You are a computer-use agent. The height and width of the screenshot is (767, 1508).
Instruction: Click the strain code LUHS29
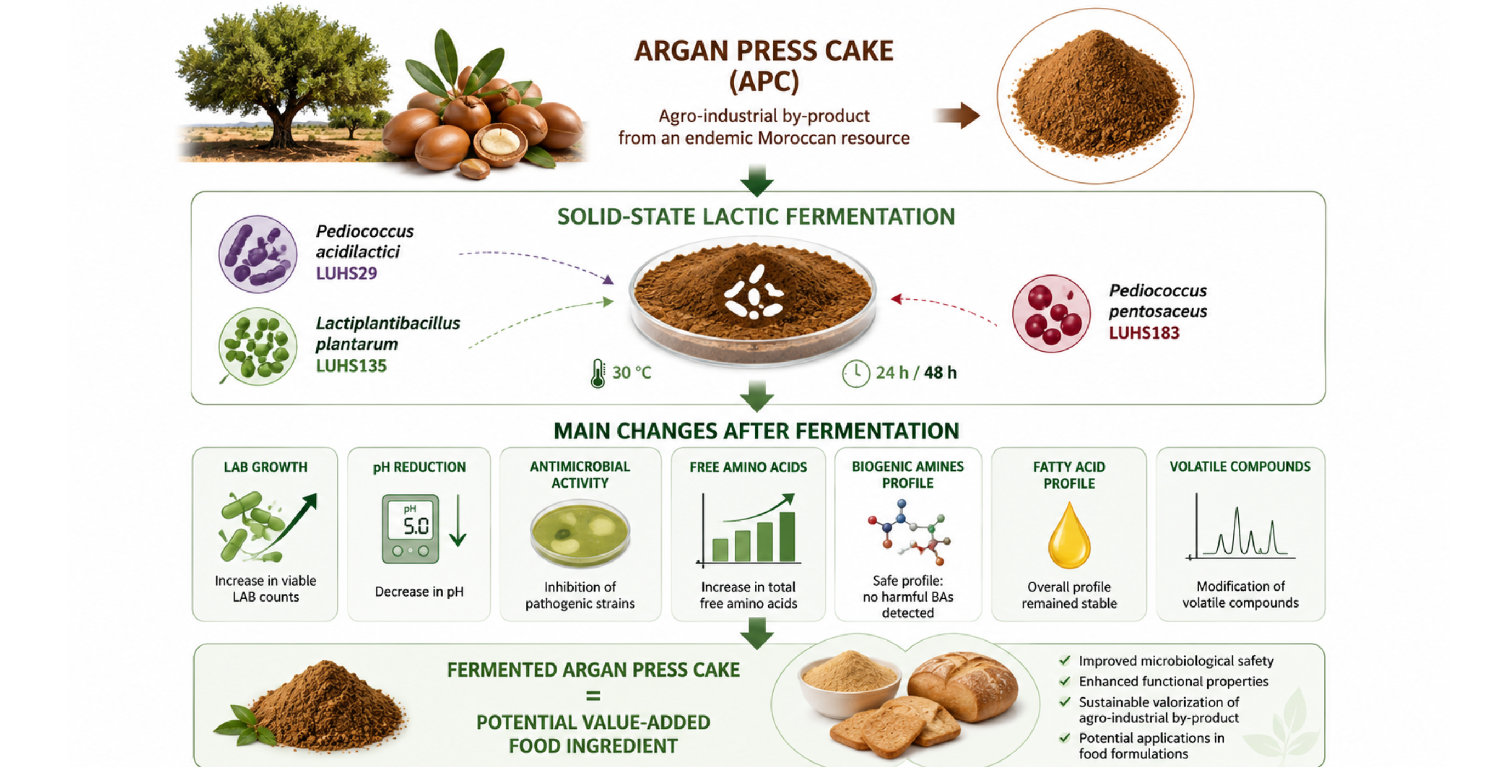pyautogui.click(x=346, y=273)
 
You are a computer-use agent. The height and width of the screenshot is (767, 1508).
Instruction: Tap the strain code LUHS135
pyautogui.click(x=352, y=365)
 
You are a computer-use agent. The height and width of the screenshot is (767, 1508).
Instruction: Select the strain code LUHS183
pyautogui.click(x=1144, y=333)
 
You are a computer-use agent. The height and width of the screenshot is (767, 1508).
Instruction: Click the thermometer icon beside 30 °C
pyautogui.click(x=597, y=373)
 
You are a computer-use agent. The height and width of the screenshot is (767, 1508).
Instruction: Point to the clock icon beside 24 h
pyautogui.click(x=855, y=373)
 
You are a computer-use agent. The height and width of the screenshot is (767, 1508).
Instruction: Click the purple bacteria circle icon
pyautogui.click(x=258, y=254)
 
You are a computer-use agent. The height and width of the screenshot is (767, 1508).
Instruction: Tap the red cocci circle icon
pyautogui.click(x=1051, y=313)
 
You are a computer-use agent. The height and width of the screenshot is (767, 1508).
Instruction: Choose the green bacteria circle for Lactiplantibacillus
pyautogui.click(x=258, y=346)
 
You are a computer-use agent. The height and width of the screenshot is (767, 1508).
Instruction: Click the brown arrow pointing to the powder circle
pyautogui.click(x=957, y=115)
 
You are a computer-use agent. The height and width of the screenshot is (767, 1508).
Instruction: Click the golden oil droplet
pyautogui.click(x=1069, y=535)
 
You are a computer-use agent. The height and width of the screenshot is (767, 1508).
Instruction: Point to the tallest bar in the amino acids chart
pyautogui.click(x=787, y=536)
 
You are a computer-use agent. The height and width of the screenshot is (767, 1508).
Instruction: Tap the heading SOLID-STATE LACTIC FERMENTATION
pyautogui.click(x=756, y=216)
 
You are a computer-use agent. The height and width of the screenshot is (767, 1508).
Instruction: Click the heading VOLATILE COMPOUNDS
pyautogui.click(x=1240, y=466)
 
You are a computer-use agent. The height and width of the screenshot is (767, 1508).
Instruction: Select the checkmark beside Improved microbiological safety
pyautogui.click(x=1064, y=661)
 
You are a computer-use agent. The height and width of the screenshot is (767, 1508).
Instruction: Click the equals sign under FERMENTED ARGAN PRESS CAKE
pyautogui.click(x=593, y=696)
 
